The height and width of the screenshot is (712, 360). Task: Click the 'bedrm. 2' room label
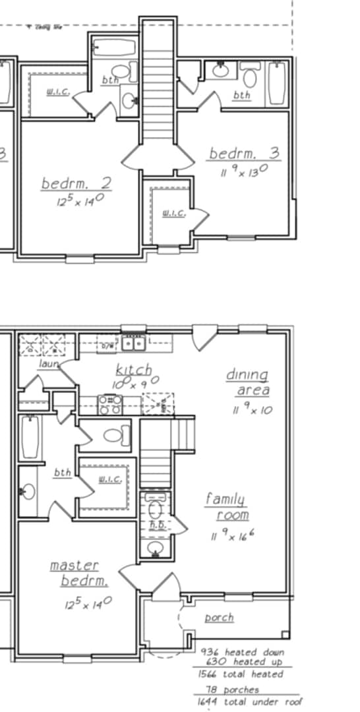pos(75,183)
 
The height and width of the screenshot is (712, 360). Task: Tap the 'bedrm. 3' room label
pos(244,154)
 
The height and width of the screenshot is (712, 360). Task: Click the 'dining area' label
pos(249,382)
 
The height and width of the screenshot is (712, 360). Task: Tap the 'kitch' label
pos(134,369)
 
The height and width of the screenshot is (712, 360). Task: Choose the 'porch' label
pos(219,618)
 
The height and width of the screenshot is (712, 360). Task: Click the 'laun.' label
pos(49,363)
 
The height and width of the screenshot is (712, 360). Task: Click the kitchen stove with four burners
pos(109,404)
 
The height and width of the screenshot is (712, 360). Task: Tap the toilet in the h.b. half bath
pos(156,510)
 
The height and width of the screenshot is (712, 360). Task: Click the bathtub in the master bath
pos(30,438)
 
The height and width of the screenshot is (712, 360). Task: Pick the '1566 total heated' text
pos(240,674)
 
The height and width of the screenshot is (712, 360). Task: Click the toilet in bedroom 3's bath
pos(250,76)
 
